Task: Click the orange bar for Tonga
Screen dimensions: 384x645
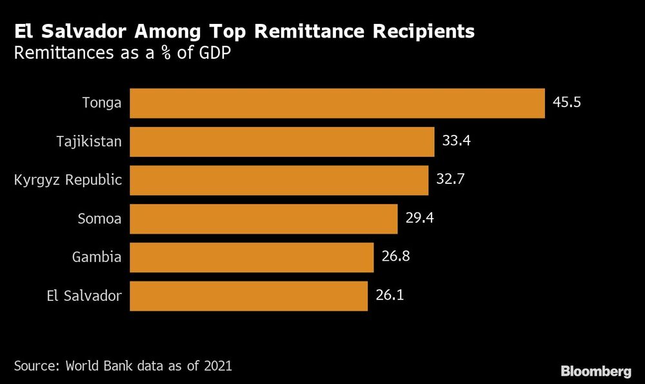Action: coord(337,103)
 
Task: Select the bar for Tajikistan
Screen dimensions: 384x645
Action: coord(282,141)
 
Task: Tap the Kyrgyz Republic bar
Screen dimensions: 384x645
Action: coord(279,180)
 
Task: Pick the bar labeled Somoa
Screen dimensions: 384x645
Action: coord(263,219)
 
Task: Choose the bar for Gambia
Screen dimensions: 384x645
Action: coord(252,258)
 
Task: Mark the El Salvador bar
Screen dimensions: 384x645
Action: coord(248,296)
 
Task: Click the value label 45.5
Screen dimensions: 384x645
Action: coord(567,102)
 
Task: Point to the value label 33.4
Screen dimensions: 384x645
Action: coord(456,141)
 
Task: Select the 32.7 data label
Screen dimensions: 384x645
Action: coord(450,179)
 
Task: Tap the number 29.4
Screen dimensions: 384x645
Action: coord(419,218)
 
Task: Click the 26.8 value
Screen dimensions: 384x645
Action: coord(395,257)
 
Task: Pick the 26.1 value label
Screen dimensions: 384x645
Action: coord(390,296)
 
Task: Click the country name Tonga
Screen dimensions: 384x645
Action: coord(102,103)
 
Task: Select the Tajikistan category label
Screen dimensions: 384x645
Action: coord(88,141)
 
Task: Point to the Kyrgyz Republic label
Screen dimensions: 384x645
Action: coord(68,180)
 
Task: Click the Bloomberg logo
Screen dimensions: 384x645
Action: coord(595,371)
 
